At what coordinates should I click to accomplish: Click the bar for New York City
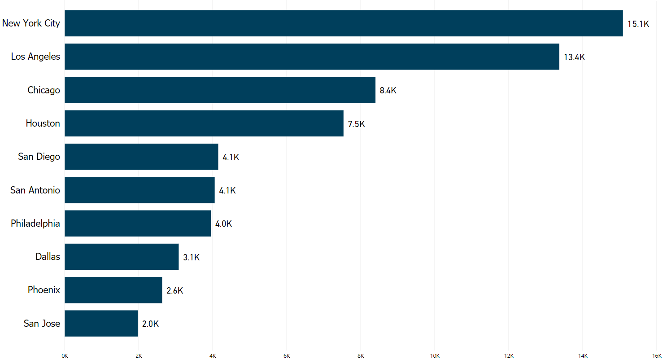344,23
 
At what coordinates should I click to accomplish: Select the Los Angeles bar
312,57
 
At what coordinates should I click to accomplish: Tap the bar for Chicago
220,90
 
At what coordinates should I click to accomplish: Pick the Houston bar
204,123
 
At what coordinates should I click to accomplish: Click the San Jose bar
101,323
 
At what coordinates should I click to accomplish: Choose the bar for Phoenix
113,290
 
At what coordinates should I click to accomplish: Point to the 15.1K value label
638,24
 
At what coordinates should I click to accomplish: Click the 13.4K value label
574,57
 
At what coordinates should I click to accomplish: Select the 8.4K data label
388,91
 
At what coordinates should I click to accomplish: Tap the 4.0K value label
223,224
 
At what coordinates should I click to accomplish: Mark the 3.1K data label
191,258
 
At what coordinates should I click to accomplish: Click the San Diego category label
39,157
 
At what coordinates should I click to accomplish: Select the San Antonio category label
35,190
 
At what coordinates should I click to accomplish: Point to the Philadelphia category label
35,224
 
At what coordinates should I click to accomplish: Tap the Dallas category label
48,257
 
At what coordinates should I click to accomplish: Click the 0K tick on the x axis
65,356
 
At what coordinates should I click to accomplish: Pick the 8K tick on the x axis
361,356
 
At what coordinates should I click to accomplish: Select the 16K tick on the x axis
656,356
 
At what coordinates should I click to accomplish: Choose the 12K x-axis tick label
509,356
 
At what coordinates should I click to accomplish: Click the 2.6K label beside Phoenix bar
174,291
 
